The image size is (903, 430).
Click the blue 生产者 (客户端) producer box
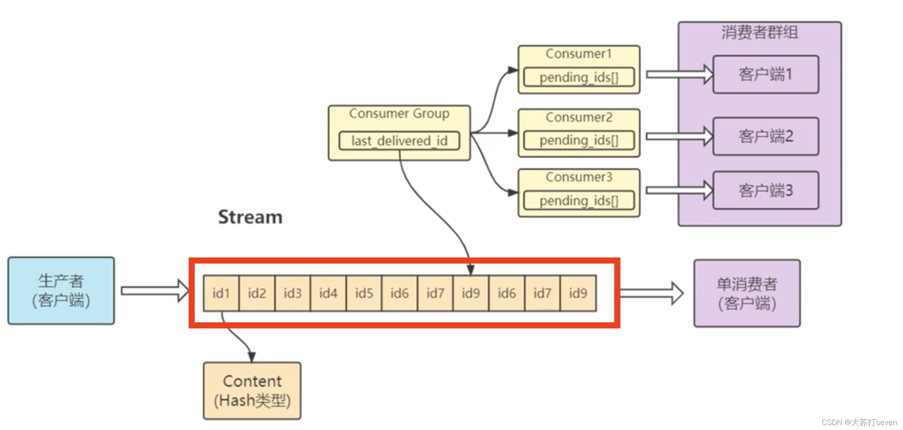[x=61, y=290]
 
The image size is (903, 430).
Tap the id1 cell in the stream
[x=221, y=293]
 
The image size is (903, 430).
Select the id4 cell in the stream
[x=328, y=293]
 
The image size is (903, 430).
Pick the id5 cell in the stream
[x=364, y=293]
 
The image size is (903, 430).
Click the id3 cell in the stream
[x=292, y=293]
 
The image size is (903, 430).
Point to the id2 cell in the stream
[x=257, y=293]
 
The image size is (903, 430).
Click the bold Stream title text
[x=250, y=217]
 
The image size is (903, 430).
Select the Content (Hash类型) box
[x=252, y=391]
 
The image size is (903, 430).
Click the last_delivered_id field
[x=399, y=141]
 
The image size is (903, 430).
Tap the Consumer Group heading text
[x=399, y=113]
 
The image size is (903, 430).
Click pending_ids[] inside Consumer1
[x=579, y=77]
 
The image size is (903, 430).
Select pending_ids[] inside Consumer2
[x=579, y=140]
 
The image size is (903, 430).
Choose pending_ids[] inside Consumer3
[x=579, y=201]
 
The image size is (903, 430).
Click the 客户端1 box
[x=765, y=74]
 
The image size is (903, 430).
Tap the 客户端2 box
[x=765, y=136]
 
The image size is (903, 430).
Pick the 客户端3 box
[x=765, y=190]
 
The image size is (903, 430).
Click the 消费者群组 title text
[x=759, y=32]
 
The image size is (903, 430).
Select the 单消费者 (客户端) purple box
[x=747, y=293]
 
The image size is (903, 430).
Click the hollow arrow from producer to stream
[x=154, y=291]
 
